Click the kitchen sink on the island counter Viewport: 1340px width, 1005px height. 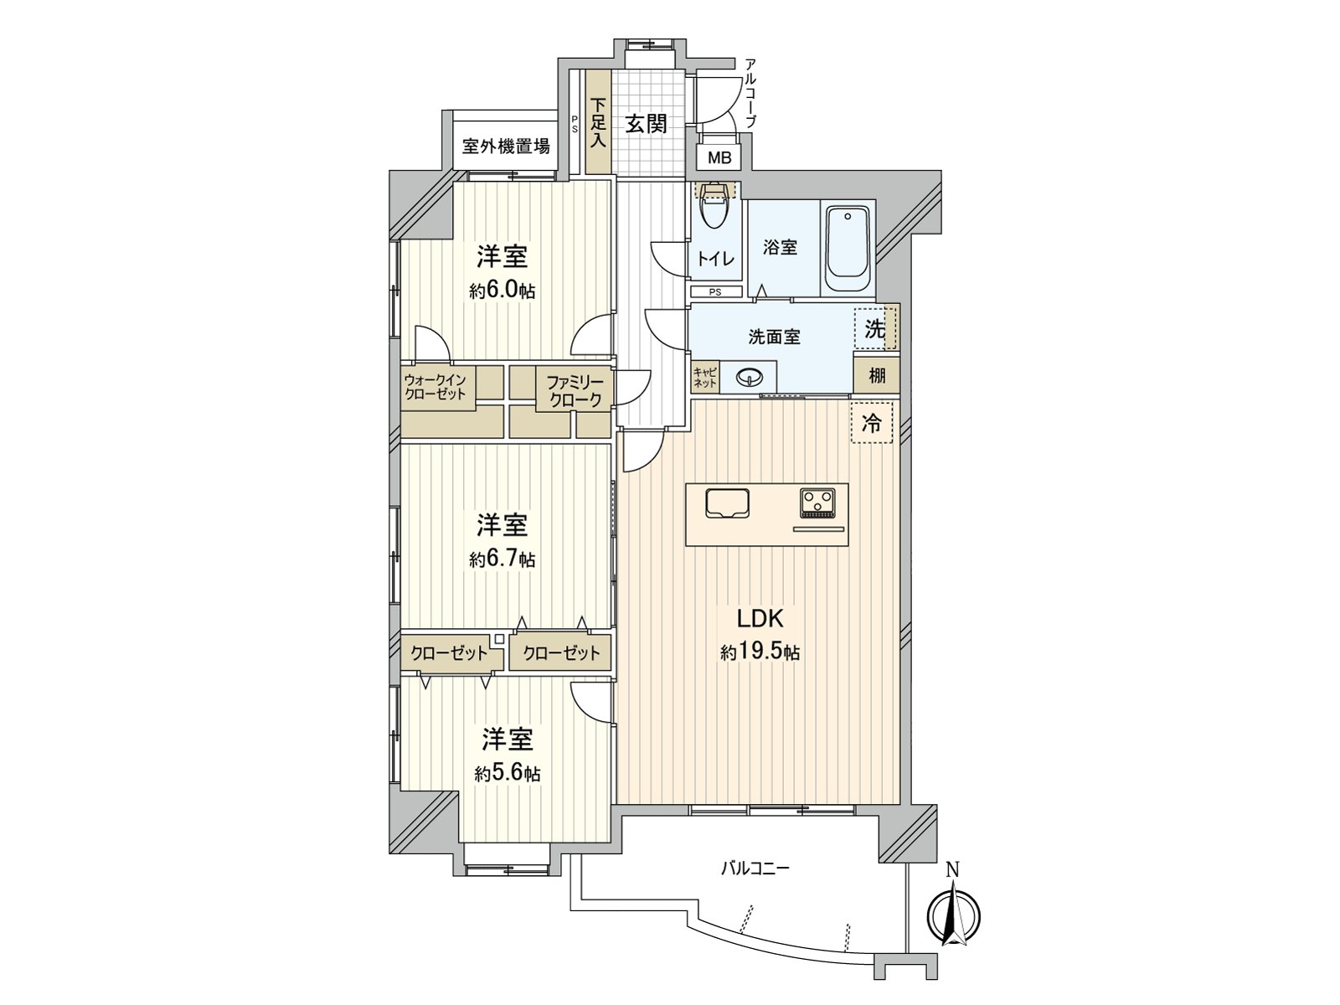click(x=727, y=503)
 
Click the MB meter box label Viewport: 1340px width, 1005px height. click(x=719, y=158)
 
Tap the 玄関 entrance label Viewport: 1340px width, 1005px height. click(x=647, y=124)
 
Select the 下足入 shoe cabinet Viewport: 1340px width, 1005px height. click(x=598, y=122)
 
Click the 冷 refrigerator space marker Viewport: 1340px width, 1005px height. click(x=871, y=422)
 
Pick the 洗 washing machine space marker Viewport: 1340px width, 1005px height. click(x=875, y=329)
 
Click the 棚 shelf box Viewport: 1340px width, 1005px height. click(x=877, y=374)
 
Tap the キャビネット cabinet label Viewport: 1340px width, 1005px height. click(x=705, y=377)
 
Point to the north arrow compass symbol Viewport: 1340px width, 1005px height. click(x=954, y=916)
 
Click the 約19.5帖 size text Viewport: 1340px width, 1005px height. click(x=760, y=653)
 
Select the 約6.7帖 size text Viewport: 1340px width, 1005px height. click(x=502, y=559)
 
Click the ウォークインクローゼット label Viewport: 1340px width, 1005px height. click(x=435, y=386)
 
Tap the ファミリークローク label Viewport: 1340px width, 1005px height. click(x=575, y=391)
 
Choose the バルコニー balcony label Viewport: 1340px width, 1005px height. click(x=755, y=868)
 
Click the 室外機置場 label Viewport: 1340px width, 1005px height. click(x=506, y=147)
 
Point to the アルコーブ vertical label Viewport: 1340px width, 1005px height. click(x=751, y=93)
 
